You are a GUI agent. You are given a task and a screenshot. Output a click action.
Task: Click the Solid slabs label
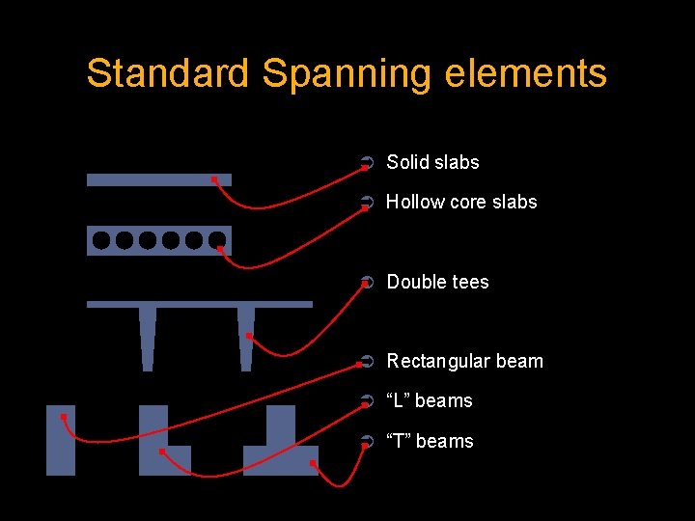[432, 162]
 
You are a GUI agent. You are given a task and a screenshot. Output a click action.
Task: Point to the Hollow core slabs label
[461, 202]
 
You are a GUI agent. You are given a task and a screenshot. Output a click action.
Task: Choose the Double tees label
[437, 282]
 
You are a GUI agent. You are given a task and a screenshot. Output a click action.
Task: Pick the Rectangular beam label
[464, 361]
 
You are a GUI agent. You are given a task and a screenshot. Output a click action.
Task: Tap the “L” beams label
[430, 400]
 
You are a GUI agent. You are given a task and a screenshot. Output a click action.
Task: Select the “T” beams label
[430, 441]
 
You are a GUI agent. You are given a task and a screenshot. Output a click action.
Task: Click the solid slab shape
[145, 179]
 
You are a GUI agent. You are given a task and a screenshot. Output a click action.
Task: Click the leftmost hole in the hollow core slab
[101, 240]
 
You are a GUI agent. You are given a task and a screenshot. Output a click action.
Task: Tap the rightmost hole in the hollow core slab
[218, 240]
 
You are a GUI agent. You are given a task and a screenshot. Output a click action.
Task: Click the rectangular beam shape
[60, 441]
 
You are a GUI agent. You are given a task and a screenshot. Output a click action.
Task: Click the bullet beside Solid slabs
[364, 163]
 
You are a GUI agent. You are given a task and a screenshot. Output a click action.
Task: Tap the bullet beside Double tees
[364, 283]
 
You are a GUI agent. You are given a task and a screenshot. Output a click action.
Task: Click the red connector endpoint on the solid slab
[214, 179]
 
